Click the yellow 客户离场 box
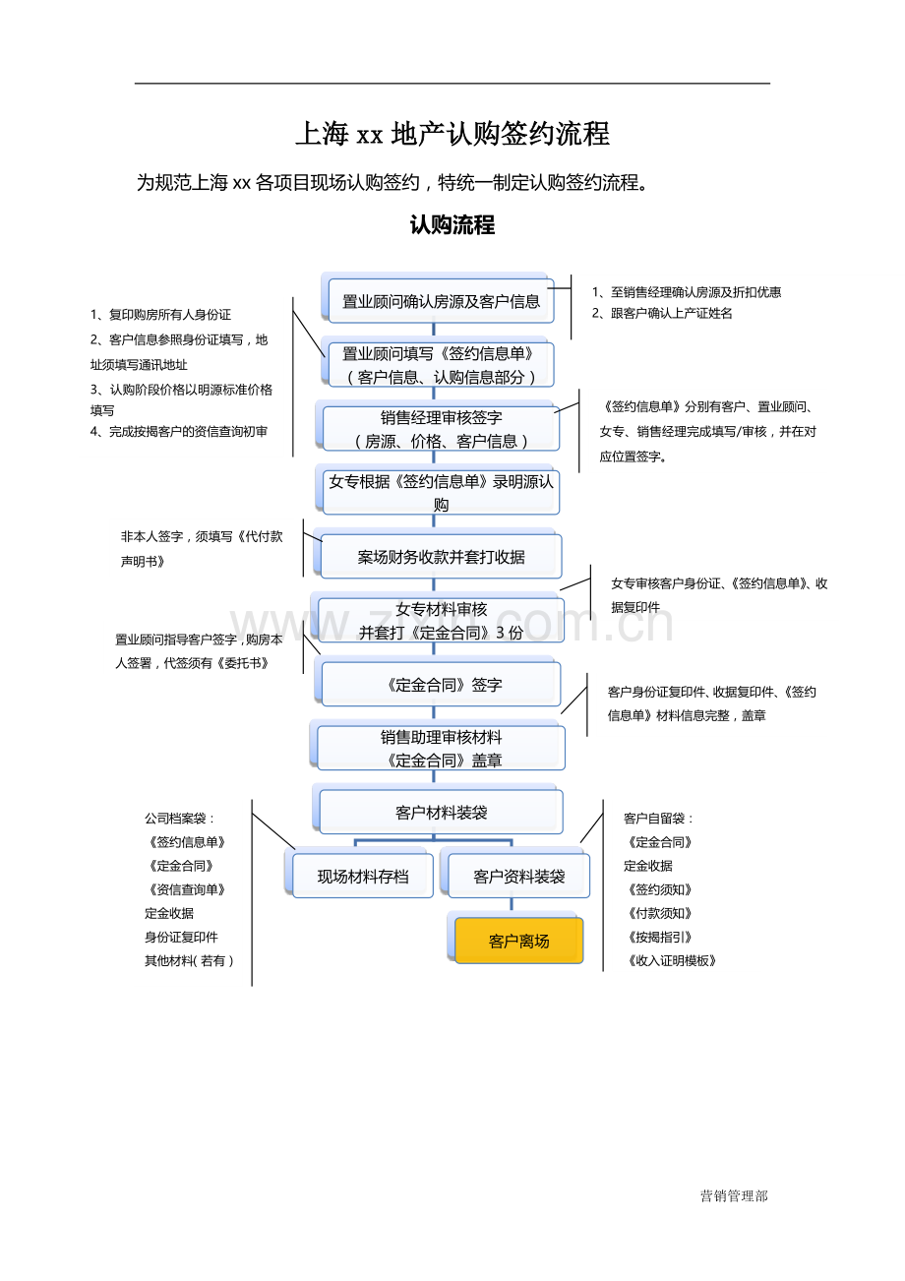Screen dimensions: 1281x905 tap(518, 942)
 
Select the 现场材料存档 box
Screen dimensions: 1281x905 tap(362, 876)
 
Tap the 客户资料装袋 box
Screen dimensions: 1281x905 tap(518, 876)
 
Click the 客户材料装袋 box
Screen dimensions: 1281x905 tap(441, 813)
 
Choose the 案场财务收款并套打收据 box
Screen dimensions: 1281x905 tap(441, 557)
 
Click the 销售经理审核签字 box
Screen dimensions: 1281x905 tap(441, 429)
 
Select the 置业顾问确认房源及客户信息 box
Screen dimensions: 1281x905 tap(441, 301)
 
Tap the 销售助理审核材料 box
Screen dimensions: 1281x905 tap(441, 748)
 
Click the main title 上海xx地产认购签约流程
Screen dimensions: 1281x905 tap(452, 134)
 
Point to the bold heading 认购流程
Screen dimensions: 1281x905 tap(452, 225)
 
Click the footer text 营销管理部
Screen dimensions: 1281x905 tap(734, 1196)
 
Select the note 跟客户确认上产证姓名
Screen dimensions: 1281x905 tap(662, 314)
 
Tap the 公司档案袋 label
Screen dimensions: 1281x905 tap(180, 819)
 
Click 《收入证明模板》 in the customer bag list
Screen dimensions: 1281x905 tap(671, 961)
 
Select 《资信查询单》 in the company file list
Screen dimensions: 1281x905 tap(186, 889)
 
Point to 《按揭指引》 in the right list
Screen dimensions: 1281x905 tap(659, 938)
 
